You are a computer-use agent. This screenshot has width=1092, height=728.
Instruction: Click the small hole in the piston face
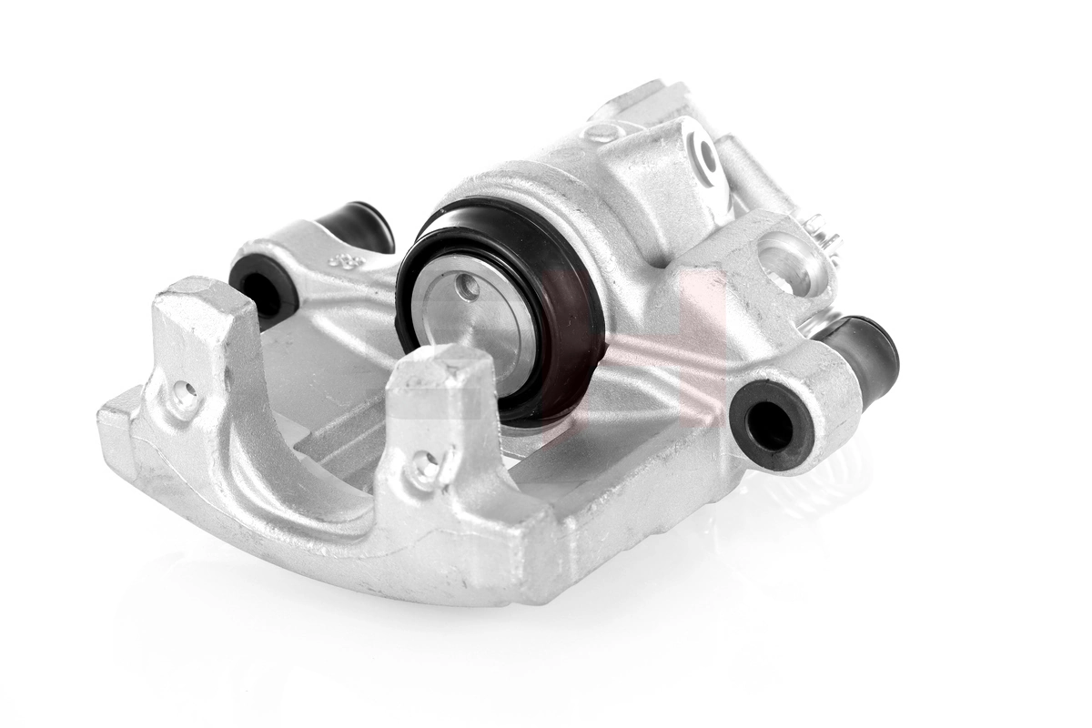pyautogui.click(x=468, y=288)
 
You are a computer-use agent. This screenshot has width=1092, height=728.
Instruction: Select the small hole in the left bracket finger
pyautogui.click(x=185, y=394)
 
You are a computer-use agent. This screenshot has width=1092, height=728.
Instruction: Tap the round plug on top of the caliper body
pyautogui.click(x=603, y=132)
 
